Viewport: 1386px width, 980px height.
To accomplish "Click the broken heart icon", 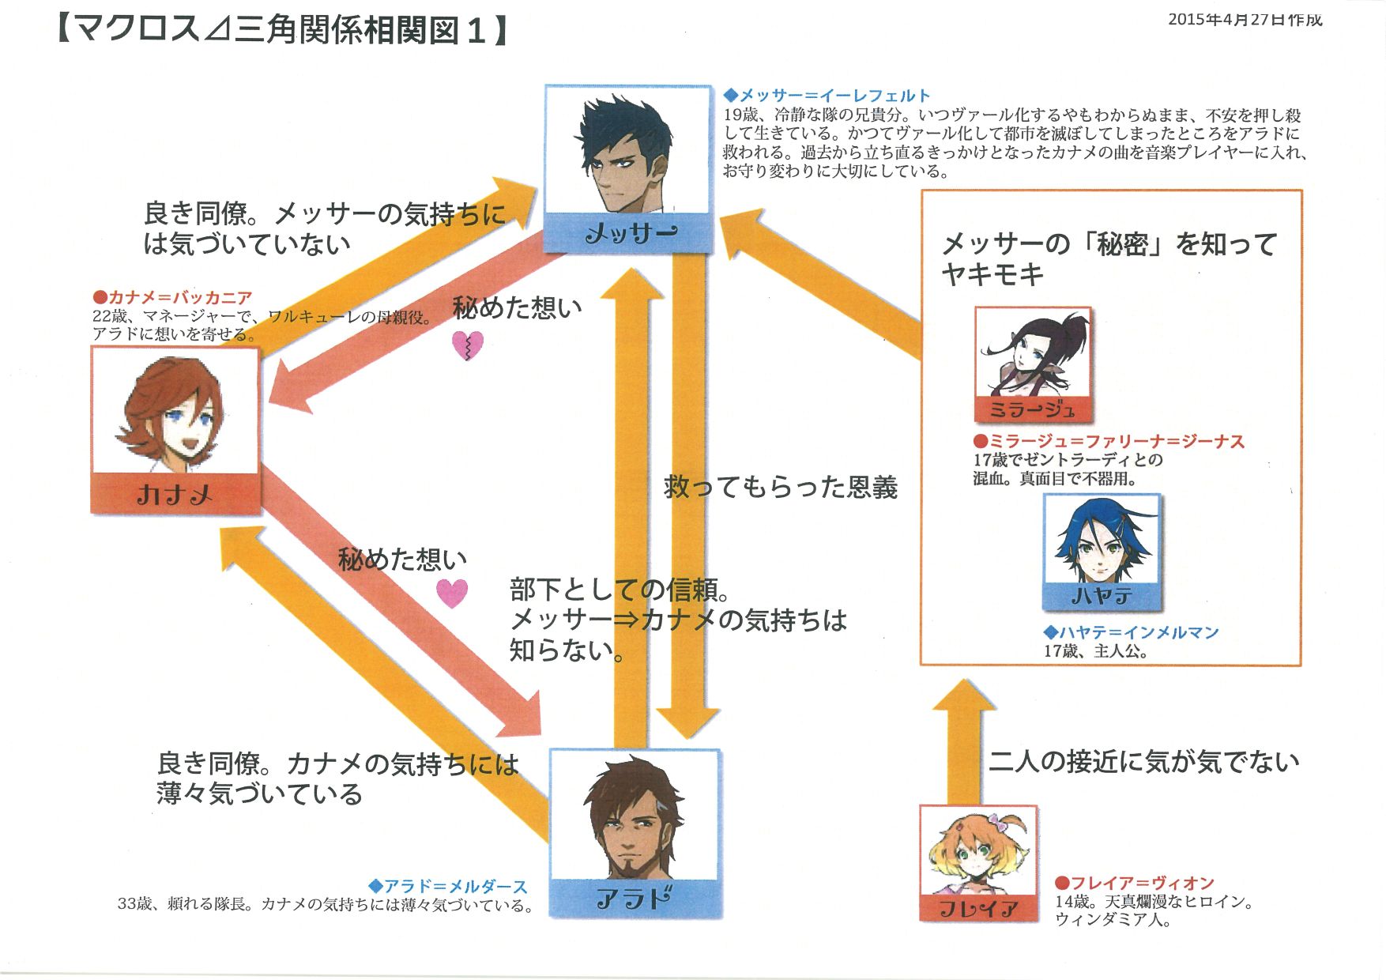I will coord(467,345).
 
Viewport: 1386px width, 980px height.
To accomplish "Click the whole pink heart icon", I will coord(452,593).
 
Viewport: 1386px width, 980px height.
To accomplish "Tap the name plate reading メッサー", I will coord(630,233).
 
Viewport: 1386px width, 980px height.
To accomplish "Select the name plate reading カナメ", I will coord(175,494).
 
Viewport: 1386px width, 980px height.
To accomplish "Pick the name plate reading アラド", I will coord(635,899).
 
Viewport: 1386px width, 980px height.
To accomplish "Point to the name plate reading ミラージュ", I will coord(1032,409).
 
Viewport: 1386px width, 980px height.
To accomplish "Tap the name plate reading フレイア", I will coord(978,908).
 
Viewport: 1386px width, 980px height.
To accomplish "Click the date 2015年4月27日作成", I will coord(1245,20).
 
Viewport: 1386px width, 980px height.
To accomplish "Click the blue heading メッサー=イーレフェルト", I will coord(827,96).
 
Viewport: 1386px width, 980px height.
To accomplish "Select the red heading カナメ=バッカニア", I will coord(172,297).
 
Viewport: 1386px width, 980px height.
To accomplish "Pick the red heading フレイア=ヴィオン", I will coord(1135,883).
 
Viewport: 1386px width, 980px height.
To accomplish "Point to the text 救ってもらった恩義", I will coord(781,487).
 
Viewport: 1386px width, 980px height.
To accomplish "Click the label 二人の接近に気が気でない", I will coord(1143,761).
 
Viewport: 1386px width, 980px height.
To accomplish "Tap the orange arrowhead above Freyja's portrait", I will coord(964,695).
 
